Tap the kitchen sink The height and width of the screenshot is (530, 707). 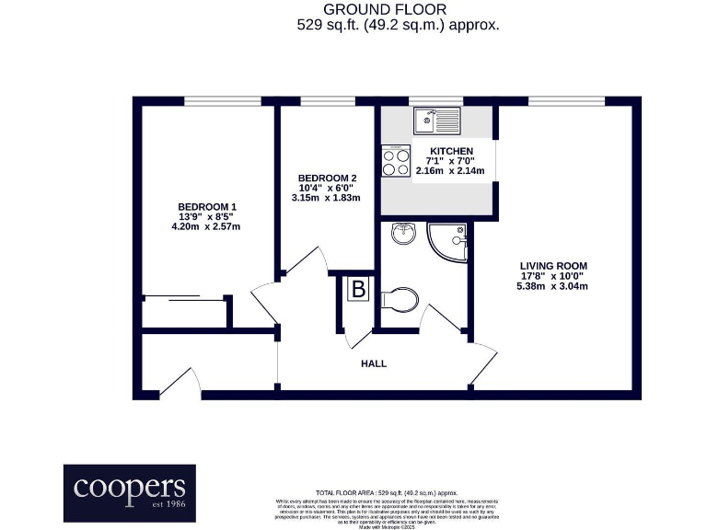pos(436,120)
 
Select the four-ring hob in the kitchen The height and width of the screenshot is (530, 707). pos(397,162)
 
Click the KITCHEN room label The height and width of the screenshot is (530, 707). pos(451,151)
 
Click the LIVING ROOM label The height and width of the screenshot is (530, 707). pos(552,266)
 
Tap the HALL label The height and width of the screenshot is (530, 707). pos(374,363)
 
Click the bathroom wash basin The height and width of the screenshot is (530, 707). pos(402,235)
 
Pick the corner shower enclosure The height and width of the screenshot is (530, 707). pos(450,241)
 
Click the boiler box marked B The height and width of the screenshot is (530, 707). pos(358,291)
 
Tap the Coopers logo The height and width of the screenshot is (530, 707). pos(124,491)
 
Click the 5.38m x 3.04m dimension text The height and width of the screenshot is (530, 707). pos(552,286)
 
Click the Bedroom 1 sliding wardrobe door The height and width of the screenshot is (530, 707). pos(185,296)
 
